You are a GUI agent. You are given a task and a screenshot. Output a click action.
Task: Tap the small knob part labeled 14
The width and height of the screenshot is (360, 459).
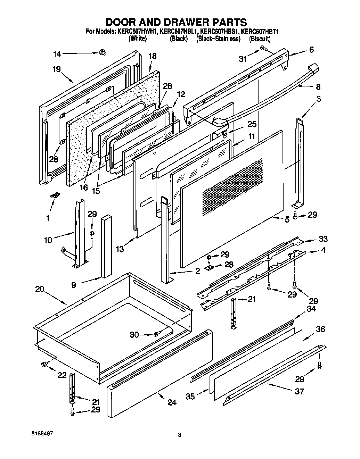pos(103,52)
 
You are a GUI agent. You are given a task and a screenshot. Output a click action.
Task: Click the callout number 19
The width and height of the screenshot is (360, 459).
pos(57,69)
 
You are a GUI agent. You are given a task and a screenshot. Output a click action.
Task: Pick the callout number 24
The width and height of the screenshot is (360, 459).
pos(172,402)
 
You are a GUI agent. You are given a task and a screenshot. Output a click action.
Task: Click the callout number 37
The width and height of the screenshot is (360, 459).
pos(299,392)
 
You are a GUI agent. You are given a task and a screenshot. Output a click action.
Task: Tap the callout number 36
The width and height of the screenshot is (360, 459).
pos(320,329)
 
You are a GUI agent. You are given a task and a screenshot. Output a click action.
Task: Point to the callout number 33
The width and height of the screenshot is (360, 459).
pos(323,239)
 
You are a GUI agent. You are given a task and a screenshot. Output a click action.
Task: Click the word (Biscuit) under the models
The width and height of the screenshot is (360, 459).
pos(260,39)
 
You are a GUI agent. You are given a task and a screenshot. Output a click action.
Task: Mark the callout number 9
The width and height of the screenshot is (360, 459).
pos(73,285)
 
